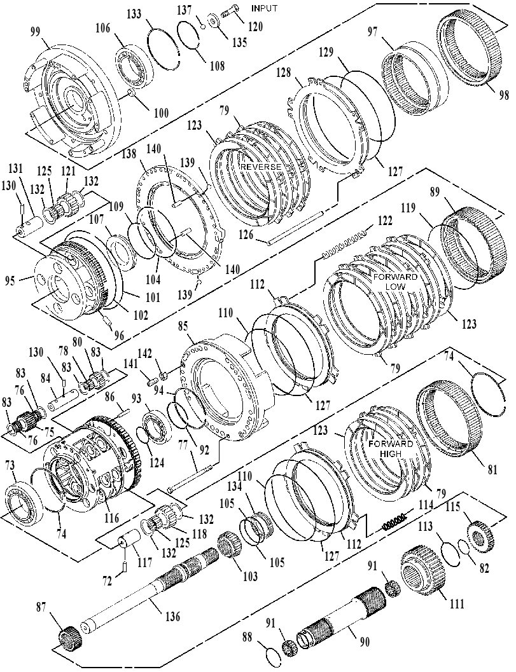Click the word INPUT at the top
[264, 8]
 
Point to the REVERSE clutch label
[261, 167]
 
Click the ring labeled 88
[273, 656]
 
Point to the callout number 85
[182, 327]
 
